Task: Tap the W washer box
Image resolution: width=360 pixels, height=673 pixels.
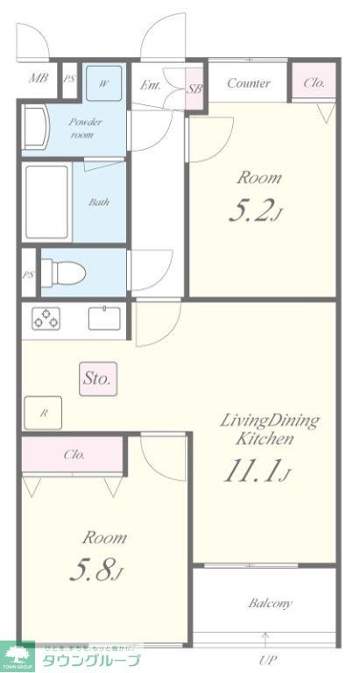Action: click(103, 84)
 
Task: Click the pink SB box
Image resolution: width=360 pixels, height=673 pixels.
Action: click(195, 89)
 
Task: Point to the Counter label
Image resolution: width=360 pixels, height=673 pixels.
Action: click(249, 84)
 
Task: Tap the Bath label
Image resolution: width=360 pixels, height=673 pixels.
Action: click(98, 202)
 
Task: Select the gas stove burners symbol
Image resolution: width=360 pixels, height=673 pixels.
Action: click(46, 319)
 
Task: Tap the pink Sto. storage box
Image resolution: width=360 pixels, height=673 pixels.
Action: click(97, 379)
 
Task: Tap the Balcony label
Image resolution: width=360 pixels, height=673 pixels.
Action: click(270, 603)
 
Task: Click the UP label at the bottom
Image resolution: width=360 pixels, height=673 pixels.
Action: click(267, 659)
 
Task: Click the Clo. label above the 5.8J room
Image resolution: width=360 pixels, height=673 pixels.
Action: click(74, 456)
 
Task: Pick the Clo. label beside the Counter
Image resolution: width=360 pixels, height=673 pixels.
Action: click(314, 83)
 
